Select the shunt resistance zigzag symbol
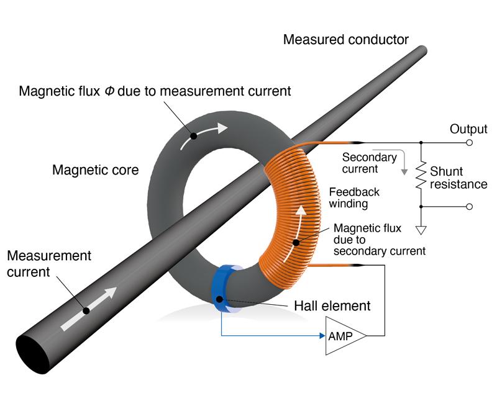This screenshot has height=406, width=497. [421, 175]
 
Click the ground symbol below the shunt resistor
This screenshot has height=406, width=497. [421, 230]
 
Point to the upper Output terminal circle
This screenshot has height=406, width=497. [470, 143]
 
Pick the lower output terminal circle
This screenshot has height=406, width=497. [470, 207]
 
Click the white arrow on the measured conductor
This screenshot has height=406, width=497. [89, 309]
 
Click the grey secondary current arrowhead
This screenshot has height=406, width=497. [404, 171]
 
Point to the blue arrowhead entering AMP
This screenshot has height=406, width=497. [322, 336]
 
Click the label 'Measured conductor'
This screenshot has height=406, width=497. [346, 40]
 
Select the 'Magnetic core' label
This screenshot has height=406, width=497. [96, 170]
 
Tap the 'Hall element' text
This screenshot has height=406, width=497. [332, 306]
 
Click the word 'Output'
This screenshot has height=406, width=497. [468, 129]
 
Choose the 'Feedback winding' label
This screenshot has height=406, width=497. [354, 197]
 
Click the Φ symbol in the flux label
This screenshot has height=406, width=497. [109, 91]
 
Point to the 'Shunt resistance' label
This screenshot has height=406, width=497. [458, 178]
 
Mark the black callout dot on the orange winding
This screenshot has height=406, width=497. [296, 243]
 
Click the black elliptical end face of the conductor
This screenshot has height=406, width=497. [33, 354]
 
